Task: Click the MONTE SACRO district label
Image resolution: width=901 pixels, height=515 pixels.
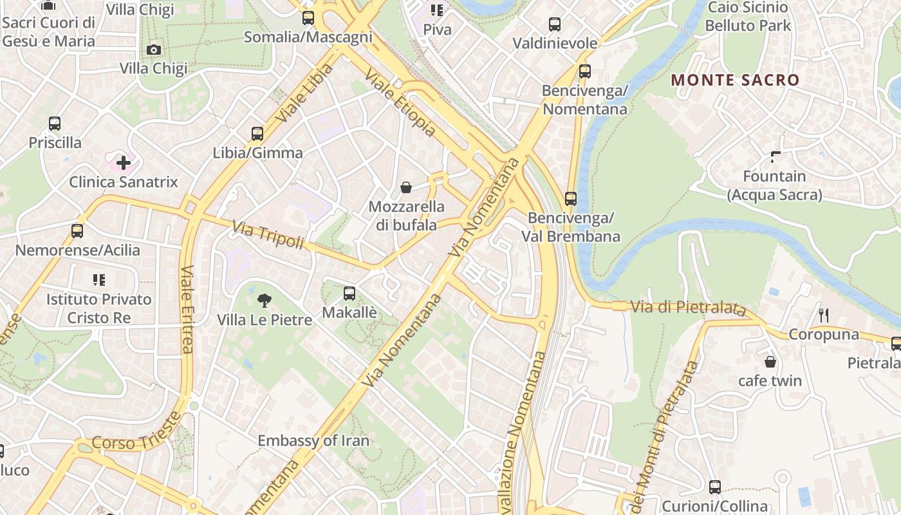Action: (735, 80)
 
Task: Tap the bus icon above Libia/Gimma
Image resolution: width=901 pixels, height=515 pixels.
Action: (257, 134)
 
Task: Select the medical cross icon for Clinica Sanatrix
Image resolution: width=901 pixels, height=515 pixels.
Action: (123, 163)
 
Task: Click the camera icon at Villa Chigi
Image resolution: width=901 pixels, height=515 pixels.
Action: (153, 50)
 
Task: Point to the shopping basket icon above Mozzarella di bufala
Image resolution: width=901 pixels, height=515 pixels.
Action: (406, 187)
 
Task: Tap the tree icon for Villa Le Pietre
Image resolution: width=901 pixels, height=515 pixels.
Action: (264, 300)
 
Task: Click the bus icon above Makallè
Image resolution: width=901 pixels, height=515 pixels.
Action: (349, 294)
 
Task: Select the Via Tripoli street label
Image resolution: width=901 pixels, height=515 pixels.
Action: (268, 236)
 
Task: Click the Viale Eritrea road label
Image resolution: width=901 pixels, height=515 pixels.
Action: (187, 309)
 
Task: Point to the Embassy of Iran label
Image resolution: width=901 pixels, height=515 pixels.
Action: (313, 441)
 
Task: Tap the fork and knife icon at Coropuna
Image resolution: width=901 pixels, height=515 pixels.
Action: (823, 315)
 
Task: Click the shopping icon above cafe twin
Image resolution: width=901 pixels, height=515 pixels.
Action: (770, 362)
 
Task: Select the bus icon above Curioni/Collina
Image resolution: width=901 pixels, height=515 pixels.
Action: (714, 487)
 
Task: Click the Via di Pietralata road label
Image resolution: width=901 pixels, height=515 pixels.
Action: (688, 308)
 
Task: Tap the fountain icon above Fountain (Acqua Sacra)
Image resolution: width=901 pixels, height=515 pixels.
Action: (776, 156)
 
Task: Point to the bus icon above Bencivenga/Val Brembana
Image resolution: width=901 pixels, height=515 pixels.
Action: (571, 199)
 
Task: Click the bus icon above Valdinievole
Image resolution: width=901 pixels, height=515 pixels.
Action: (555, 24)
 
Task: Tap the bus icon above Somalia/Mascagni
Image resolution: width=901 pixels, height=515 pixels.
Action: (308, 18)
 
